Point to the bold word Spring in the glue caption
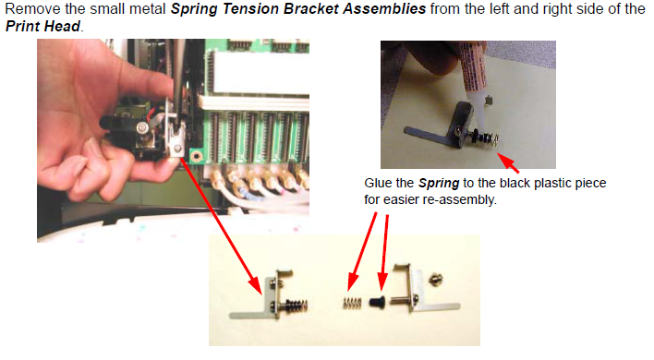click(439, 184)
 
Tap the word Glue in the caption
click(378, 183)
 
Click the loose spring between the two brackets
click(353, 304)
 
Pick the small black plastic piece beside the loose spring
click(379, 301)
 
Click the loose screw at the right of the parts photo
click(436, 279)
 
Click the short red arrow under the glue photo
click(508, 162)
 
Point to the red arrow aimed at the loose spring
click(362, 251)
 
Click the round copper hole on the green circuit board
click(195, 157)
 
